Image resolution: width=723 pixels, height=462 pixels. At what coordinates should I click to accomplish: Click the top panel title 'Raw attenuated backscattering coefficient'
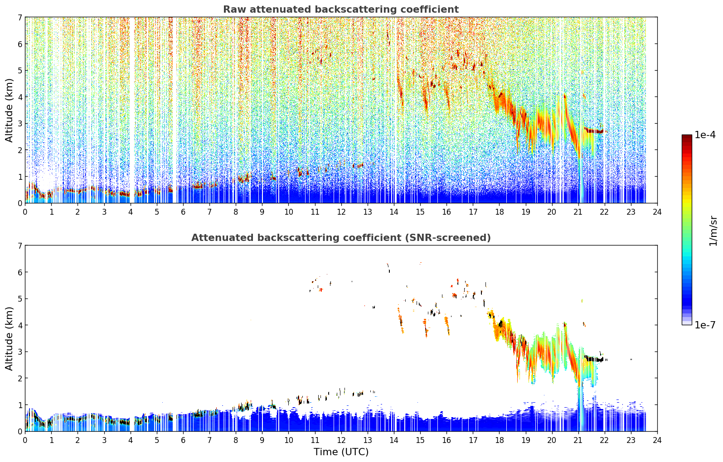pos(341,10)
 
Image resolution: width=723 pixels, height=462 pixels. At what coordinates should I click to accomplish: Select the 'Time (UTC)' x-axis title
pos(341,452)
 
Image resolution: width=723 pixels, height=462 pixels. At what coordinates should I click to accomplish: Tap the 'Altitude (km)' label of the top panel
pos(9,110)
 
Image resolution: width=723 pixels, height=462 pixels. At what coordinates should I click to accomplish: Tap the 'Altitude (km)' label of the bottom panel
pos(9,338)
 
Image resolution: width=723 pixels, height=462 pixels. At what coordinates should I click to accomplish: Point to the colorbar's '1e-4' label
pos(705,135)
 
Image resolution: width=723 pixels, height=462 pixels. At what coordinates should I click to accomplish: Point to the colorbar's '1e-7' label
pos(705,325)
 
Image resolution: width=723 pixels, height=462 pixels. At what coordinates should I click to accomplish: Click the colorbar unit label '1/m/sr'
pos(713,231)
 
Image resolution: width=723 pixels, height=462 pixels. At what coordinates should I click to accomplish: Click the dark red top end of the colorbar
pos(687,136)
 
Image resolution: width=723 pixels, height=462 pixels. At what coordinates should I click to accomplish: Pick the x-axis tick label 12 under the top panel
pos(341,212)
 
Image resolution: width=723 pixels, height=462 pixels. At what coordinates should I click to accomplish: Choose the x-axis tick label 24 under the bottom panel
pos(657,440)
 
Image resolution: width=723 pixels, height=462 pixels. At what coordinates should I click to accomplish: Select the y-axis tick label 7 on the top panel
pos(19,17)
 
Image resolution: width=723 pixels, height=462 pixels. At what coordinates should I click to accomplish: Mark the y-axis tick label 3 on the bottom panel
pos(19,351)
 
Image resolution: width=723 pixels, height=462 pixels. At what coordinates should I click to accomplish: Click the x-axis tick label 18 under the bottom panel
pos(500,440)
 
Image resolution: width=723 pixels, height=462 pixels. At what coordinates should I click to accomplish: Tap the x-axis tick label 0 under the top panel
pos(25,212)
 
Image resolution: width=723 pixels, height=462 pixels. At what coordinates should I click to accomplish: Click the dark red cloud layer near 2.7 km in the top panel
pos(593,130)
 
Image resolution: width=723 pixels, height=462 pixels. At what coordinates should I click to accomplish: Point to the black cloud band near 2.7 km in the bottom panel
pos(594,358)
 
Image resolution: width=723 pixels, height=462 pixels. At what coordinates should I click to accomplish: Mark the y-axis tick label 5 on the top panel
pos(19,70)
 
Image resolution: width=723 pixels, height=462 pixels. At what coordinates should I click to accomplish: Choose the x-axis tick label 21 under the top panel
pos(578,212)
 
